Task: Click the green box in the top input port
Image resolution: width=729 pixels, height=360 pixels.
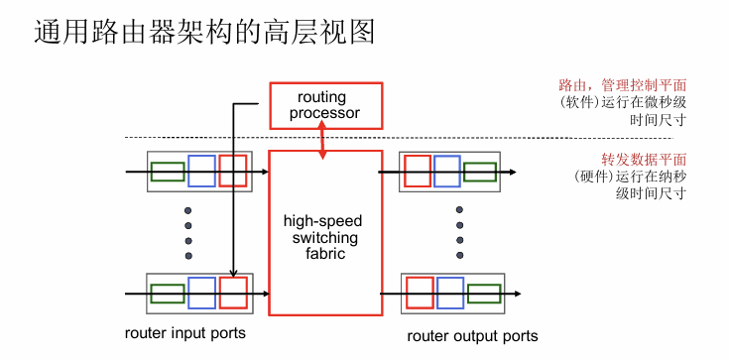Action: [x=168, y=172]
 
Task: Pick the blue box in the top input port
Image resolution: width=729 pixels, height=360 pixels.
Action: [x=201, y=172]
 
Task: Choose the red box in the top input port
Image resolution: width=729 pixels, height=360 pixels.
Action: [x=232, y=172]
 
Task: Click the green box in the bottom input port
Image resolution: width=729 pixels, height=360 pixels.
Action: [x=168, y=294]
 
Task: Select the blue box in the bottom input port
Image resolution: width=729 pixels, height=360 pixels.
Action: [x=201, y=293]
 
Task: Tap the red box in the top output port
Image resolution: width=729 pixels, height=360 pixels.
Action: [x=418, y=172]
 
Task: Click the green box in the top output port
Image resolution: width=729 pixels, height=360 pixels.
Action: [x=480, y=172]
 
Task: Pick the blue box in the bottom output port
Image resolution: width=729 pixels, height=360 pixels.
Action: [x=450, y=293]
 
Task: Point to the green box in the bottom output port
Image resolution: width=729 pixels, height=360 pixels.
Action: [x=484, y=294]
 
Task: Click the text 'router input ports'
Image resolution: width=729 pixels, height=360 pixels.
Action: [x=185, y=333]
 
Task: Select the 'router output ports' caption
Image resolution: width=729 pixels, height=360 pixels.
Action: [x=472, y=336]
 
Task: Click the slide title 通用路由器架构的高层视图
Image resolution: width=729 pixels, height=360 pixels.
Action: [x=204, y=32]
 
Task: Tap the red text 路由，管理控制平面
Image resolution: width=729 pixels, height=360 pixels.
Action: [x=623, y=85]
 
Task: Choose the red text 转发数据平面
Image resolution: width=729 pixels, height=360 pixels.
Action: [x=644, y=160]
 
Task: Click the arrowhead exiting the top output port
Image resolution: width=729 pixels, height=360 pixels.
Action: [x=513, y=173]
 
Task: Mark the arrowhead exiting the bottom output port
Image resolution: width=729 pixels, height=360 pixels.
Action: [x=517, y=294]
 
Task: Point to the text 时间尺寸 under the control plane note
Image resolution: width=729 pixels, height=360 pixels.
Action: [x=658, y=120]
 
